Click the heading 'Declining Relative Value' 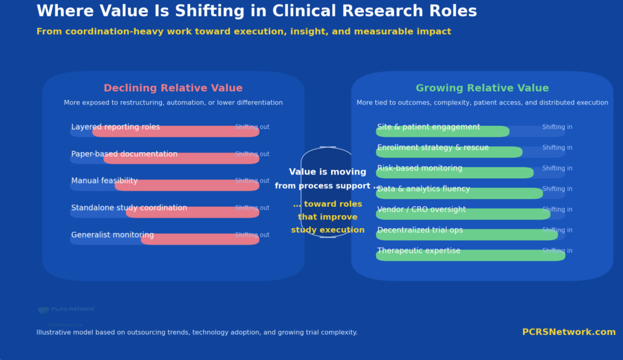[x=173, y=88]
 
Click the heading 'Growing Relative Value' [x=482, y=88]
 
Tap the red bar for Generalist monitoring [x=200, y=240]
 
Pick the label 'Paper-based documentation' [x=124, y=154]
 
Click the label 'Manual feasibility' [x=104, y=181]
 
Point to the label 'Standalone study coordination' [x=129, y=208]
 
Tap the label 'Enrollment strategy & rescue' [x=433, y=148]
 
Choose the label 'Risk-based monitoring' [x=420, y=168]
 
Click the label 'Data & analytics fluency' [x=423, y=189]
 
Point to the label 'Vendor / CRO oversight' [x=422, y=210]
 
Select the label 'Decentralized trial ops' [x=420, y=230]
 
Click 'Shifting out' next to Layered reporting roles [x=252, y=127]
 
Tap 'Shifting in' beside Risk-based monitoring [x=557, y=168]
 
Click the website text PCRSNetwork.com [x=568, y=332]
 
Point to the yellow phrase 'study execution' [x=327, y=230]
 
